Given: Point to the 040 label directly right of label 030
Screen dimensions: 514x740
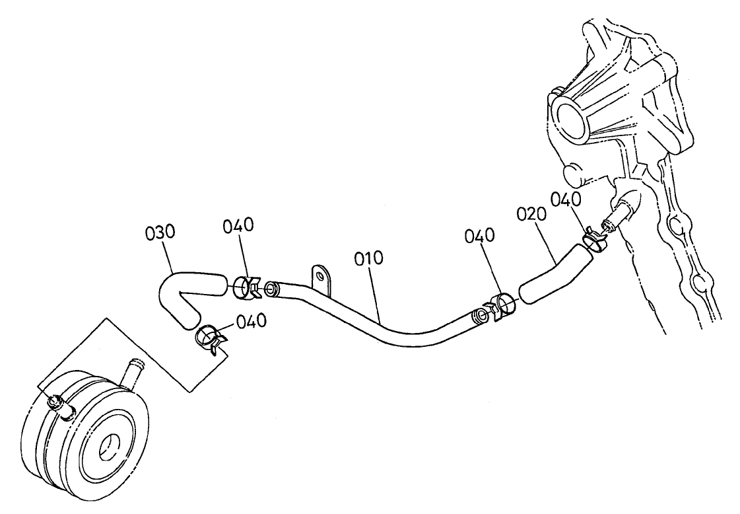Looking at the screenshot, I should coord(237,226).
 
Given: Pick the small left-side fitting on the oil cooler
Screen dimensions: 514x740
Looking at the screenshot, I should coord(59,405).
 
